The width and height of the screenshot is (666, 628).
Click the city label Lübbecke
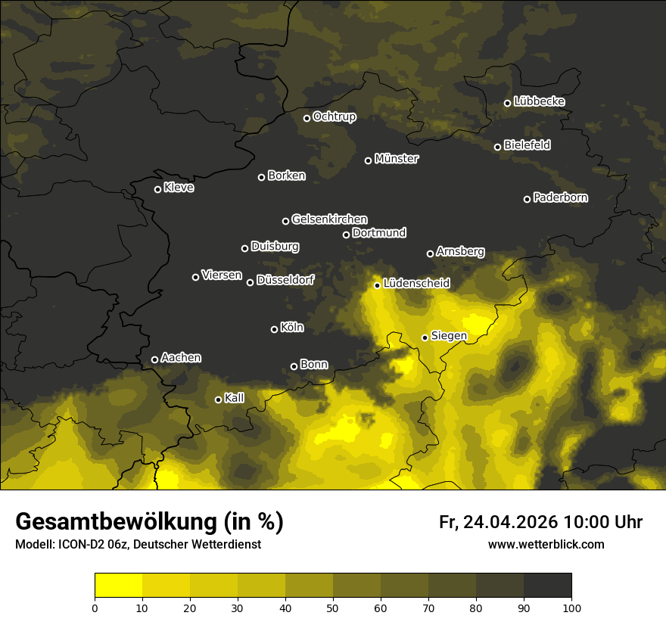coord(539,101)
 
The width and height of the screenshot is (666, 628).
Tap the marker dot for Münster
coord(369,160)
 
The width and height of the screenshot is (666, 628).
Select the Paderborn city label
coord(560,197)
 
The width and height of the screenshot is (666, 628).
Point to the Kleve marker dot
coord(158,189)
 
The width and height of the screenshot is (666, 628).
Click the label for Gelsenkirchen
coord(329,219)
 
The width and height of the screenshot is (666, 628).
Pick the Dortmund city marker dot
coord(347,235)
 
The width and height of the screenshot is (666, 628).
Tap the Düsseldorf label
coord(285,280)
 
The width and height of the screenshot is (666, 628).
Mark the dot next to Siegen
coord(425,337)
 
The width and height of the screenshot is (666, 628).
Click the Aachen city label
coord(181,358)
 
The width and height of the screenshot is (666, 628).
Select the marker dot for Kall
coord(219,399)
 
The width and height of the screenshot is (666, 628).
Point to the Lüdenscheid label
coord(416,284)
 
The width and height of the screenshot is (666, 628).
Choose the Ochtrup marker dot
coord(307,118)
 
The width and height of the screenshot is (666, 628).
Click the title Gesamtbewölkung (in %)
coord(149,522)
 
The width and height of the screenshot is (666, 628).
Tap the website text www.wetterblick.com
coord(546,544)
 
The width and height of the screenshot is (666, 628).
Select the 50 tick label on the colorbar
coord(333,607)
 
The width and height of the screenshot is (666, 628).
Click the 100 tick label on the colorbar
coord(571,607)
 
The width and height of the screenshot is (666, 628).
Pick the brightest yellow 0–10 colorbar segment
coord(119,586)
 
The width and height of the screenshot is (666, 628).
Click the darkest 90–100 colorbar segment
coord(547,586)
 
